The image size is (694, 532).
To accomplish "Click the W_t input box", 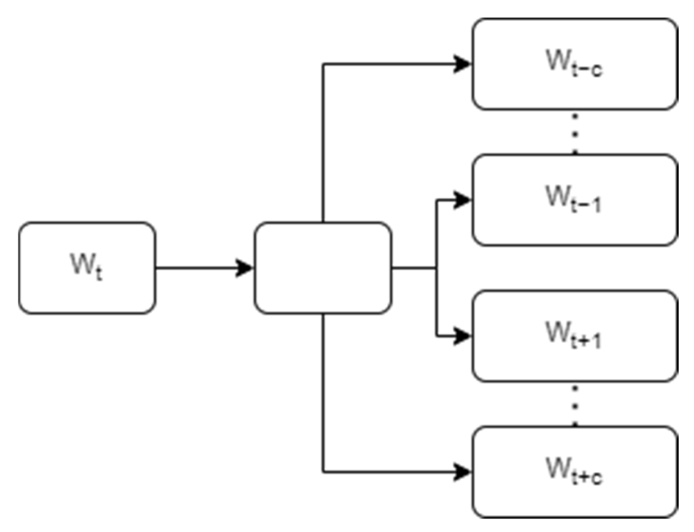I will coord(87,268).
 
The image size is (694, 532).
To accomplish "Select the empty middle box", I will coord(323,268).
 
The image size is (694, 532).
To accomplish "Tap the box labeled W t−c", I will coord(574,64).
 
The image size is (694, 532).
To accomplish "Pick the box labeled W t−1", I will coord(574,200).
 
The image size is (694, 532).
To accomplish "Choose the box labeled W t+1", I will coord(574,336).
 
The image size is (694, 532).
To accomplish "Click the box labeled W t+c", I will coord(574,472).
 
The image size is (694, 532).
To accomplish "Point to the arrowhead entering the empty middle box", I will coord(245,268).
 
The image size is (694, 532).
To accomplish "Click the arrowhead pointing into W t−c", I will coord(463,64).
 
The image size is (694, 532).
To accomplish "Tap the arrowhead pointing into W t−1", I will coord(463,200).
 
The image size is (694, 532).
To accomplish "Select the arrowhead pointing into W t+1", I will coord(463,336).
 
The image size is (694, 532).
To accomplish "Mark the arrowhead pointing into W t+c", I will coord(463,472).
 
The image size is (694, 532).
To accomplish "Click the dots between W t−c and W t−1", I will coord(575,133).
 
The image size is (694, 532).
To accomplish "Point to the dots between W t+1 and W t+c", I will coord(575,405).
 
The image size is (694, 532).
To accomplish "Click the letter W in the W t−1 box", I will coord(557,196).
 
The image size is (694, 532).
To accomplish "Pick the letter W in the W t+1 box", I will coord(557,332).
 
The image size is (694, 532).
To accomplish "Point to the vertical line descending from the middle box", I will coord(323,392).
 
